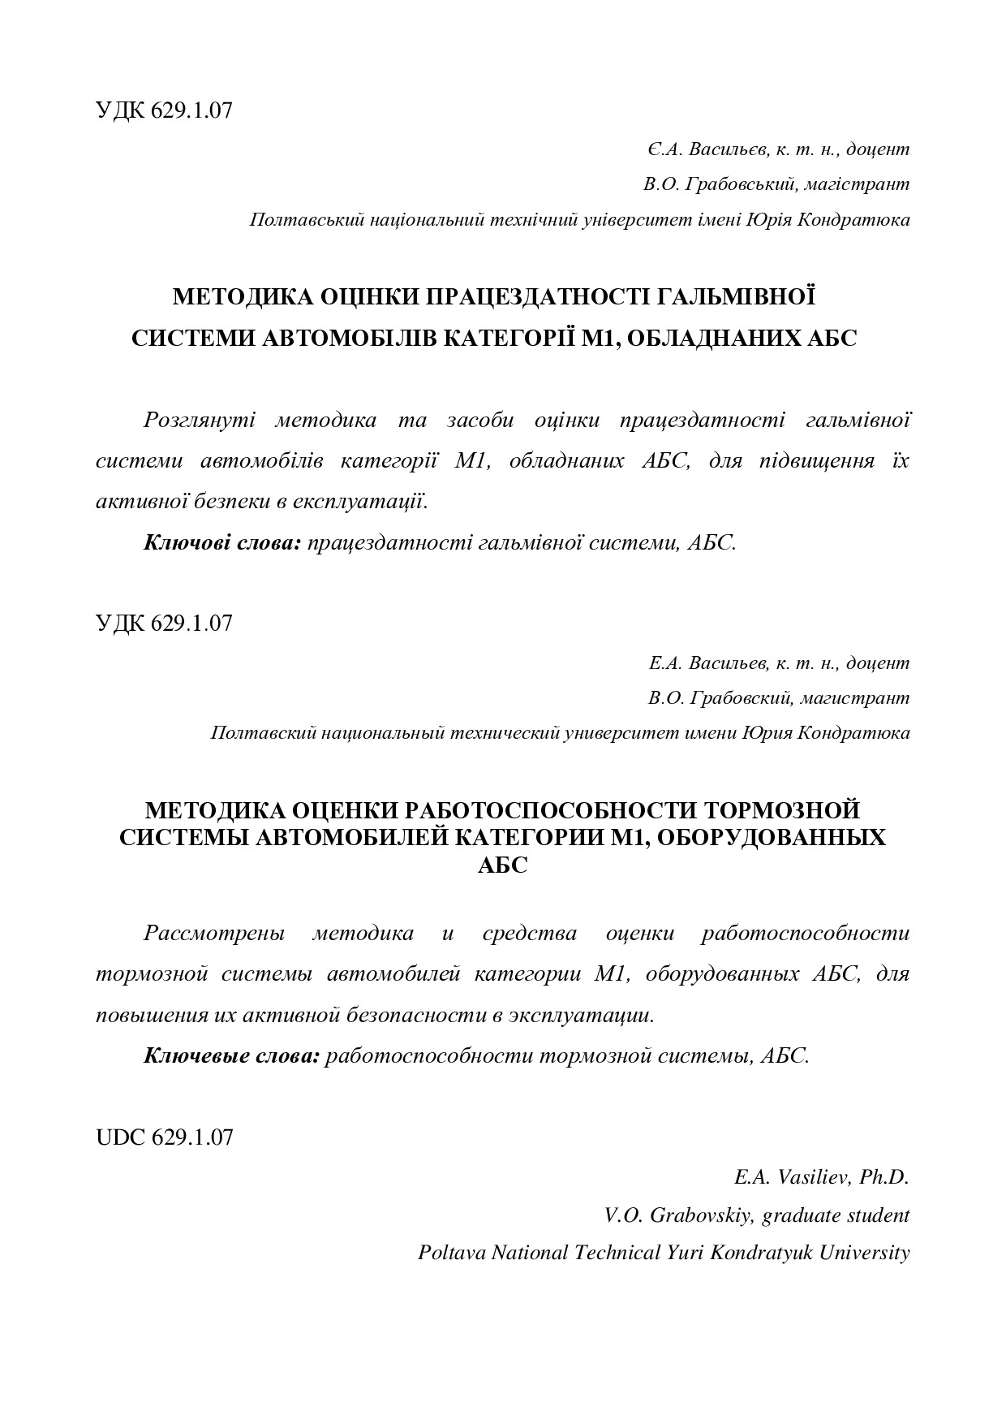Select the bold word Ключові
pyautogui.click(x=178, y=542)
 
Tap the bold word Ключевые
pyautogui.click(x=187, y=1055)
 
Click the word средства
pyautogui.click(x=529, y=933)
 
